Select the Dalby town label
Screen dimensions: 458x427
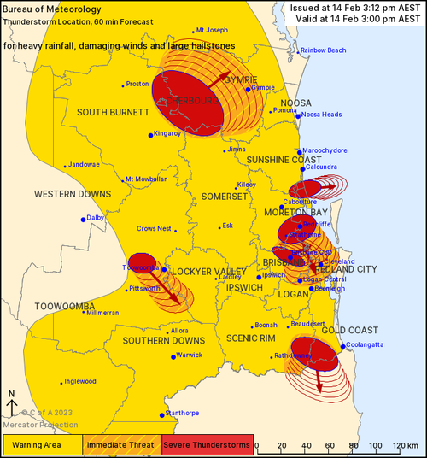tap(95, 218)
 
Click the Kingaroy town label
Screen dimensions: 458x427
tap(167, 133)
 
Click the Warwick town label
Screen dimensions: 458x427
tap(189, 355)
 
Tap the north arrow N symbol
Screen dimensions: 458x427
tap(13, 394)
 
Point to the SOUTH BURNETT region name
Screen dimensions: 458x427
tap(114, 112)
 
